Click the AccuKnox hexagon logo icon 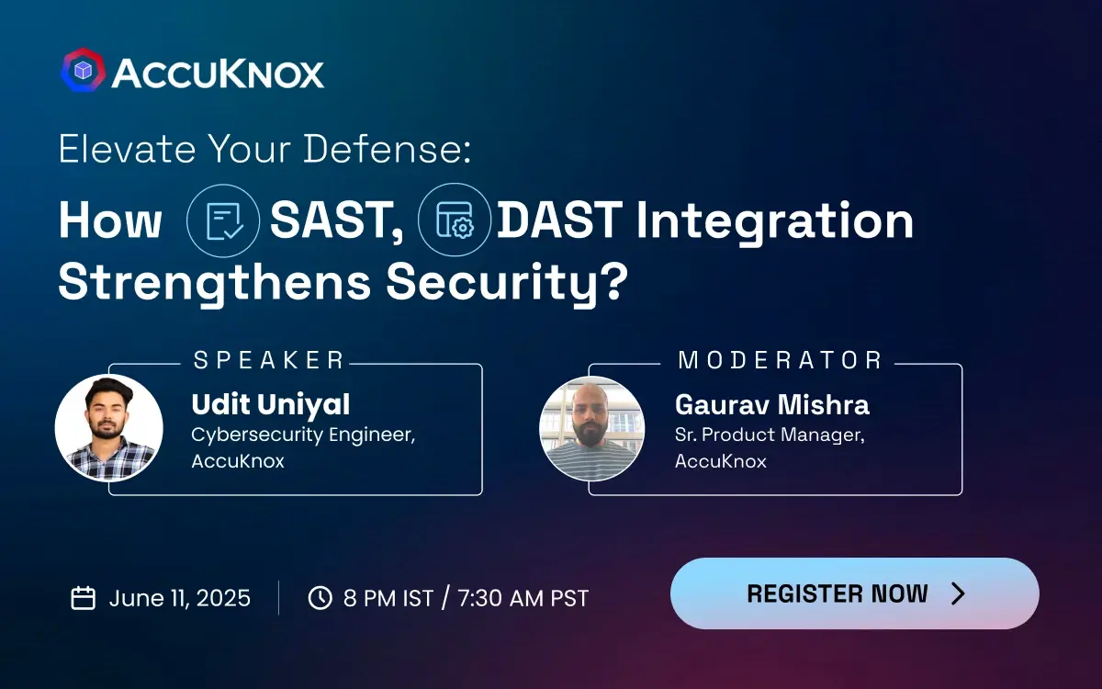(83, 71)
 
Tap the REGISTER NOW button (854, 593)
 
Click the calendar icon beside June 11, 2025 (84, 598)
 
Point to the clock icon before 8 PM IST (320, 598)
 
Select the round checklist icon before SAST (224, 222)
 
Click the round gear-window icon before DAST (455, 222)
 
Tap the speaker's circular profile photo (109, 428)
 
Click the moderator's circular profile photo (591, 428)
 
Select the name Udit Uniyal (270, 404)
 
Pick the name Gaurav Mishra (771, 404)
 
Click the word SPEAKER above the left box (269, 360)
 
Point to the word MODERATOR (780, 360)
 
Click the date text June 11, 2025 (180, 598)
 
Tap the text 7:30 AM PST (523, 598)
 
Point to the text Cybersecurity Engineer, (303, 435)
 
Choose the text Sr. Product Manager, (770, 435)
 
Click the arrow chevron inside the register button (958, 593)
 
